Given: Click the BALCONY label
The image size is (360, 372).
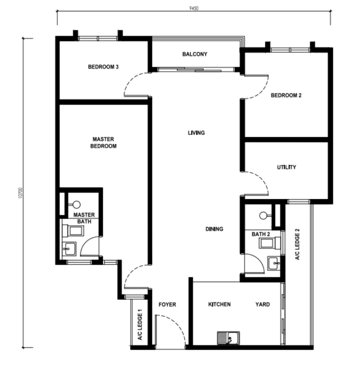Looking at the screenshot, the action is point(195,54).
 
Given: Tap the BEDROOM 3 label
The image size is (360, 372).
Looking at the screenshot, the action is point(103,67).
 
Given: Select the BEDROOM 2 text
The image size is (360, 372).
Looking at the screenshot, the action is point(286,95).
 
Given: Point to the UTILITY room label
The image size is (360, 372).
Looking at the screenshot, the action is point(287,167).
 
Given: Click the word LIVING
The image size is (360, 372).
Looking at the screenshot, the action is point(196,133).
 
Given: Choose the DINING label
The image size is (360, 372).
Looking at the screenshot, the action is point(214,229).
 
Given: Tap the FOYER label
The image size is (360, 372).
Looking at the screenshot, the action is point(167,304).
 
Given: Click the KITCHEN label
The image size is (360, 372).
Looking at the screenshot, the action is point(219,304).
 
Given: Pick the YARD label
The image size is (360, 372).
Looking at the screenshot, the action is point(262,304).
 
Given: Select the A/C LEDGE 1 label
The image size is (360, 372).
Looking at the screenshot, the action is point(140,324).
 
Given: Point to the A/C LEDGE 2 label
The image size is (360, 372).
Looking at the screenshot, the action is point(297,244).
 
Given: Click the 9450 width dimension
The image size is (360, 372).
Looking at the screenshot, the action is point(194,8).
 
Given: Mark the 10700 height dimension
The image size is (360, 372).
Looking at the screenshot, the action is point(20,193).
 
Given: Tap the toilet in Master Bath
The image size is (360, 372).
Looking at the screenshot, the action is point(73,231).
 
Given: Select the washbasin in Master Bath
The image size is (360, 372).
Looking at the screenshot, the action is point(69,249).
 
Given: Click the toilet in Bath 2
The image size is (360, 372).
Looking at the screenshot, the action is point(270,243).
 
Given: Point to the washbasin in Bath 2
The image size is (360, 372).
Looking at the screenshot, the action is point(274,263).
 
